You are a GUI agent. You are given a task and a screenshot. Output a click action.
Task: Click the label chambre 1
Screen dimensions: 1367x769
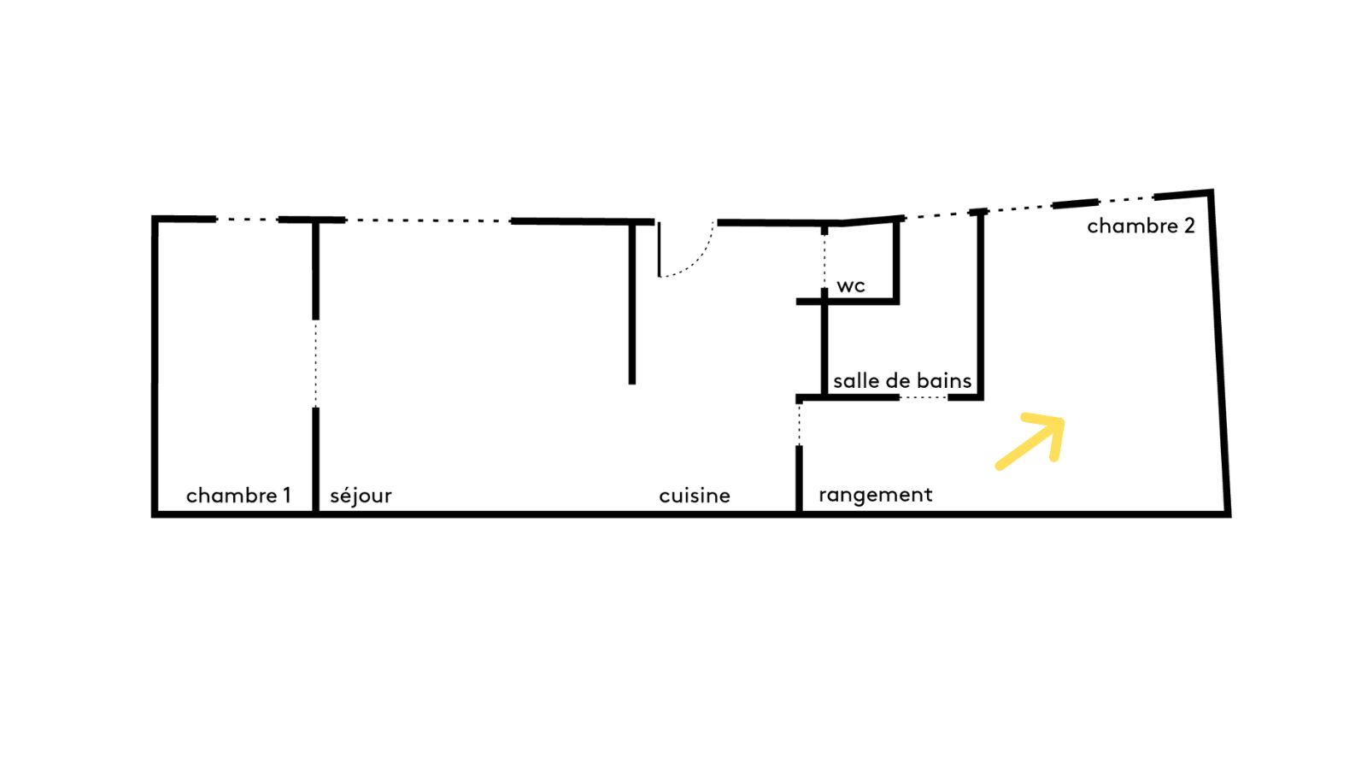(238, 496)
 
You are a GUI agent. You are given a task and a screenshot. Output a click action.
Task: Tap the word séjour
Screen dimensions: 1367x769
(361, 496)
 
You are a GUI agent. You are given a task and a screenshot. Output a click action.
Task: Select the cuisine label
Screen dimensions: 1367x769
(695, 496)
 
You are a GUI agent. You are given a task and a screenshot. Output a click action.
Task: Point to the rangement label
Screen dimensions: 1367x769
(875, 495)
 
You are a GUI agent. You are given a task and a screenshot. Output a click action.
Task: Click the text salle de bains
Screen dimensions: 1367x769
(902, 381)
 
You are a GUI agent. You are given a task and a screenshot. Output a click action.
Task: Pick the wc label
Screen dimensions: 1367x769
(851, 285)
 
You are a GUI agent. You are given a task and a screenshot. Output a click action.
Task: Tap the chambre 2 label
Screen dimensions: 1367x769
(1141, 226)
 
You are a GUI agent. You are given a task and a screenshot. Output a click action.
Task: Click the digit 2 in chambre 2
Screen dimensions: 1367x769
(1188, 226)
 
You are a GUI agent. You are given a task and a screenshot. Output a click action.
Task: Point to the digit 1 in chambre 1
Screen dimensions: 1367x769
(287, 495)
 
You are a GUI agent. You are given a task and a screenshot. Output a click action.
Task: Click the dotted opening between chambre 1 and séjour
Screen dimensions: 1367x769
(315, 364)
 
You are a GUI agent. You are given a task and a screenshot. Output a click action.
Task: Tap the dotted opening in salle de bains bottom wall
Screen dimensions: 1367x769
(924, 397)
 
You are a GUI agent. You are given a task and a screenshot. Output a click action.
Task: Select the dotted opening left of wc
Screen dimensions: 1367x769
(824, 261)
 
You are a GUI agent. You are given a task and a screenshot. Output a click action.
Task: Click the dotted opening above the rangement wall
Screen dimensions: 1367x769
(799, 425)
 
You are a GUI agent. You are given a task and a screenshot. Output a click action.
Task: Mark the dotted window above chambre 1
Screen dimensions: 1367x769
(247, 219)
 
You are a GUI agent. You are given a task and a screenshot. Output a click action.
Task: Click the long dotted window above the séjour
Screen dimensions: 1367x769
(428, 220)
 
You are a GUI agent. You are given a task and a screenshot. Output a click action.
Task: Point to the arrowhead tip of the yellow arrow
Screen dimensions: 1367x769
(1063, 420)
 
